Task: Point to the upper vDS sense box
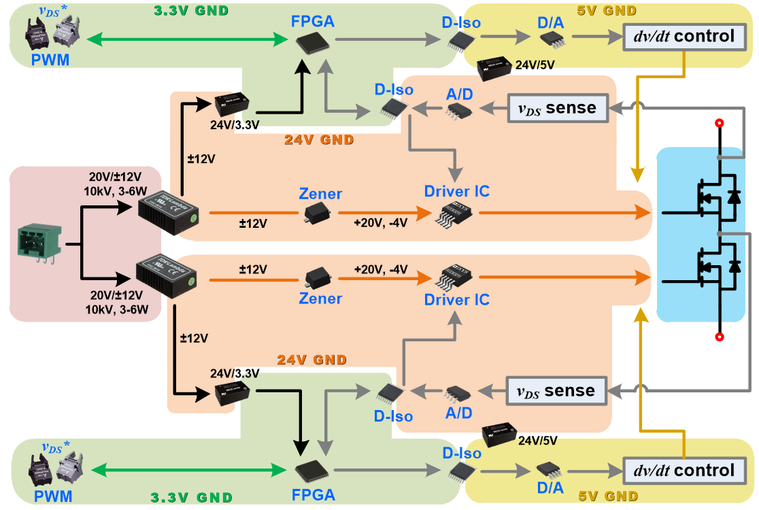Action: (558, 107)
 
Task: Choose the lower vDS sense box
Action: (556, 390)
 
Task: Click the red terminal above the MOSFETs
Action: (719, 123)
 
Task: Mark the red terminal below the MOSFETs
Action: (719, 337)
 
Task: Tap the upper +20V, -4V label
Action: (380, 223)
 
